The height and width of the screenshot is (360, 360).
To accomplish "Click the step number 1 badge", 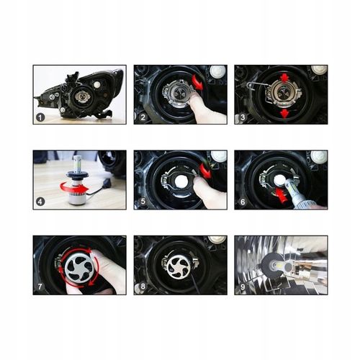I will coord(40,117).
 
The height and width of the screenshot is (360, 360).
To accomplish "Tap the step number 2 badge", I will coord(143,117).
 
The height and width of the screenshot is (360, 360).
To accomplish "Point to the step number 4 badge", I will coord(40,203).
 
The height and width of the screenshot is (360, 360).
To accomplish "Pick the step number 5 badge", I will coord(143,203).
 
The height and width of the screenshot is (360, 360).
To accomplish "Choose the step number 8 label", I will coord(143,288).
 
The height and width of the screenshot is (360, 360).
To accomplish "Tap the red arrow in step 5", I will coord(207,171).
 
